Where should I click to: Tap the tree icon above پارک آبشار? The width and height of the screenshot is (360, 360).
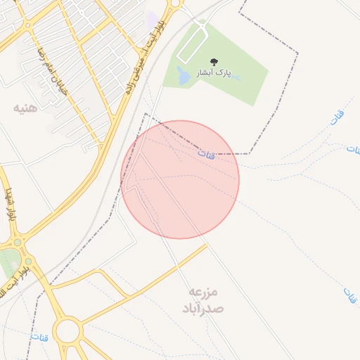(x=214, y=62)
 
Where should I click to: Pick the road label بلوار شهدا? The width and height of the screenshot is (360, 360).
(x=9, y=205)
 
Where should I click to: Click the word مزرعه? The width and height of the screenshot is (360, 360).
(x=204, y=291)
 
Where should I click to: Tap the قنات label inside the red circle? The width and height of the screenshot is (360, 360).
(x=206, y=153)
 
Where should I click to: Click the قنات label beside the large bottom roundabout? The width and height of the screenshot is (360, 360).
(x=38, y=337)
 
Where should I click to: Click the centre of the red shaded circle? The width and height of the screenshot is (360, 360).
(x=180, y=179)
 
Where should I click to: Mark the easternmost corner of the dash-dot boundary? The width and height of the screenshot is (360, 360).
(x=297, y=53)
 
